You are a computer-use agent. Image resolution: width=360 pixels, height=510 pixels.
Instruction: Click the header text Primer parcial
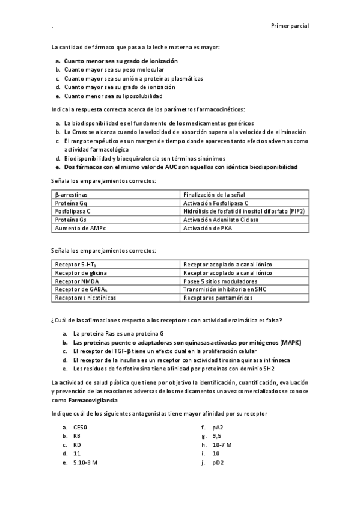point(290,26)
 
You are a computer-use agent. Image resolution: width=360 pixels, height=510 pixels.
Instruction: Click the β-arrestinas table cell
point(70,194)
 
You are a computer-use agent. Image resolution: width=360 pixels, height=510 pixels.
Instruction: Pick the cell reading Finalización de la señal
point(213,194)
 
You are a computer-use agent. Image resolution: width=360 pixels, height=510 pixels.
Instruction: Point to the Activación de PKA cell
point(207,229)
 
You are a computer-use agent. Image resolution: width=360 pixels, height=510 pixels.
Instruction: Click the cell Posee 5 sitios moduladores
point(220,281)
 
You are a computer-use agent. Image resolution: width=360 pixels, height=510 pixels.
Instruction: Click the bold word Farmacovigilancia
point(93,400)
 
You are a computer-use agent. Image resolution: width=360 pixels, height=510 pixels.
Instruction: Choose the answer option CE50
point(81,427)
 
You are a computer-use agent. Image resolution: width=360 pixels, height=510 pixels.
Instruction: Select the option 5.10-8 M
point(85,463)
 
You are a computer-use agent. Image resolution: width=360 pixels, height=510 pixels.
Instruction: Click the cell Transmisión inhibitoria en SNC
point(225,289)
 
